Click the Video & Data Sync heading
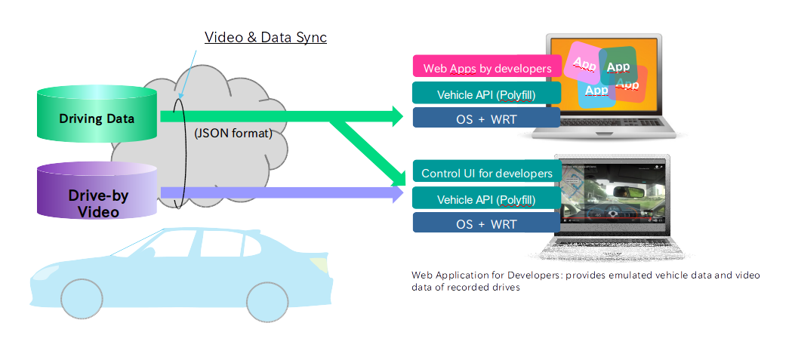(266, 36)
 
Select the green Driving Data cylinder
(97, 118)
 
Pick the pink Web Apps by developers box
(487, 68)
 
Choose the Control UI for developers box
(487, 174)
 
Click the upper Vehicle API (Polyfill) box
(486, 94)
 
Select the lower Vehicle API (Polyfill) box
(486, 199)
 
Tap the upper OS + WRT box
(486, 119)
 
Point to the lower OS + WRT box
(486, 224)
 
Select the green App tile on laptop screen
(618, 66)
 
